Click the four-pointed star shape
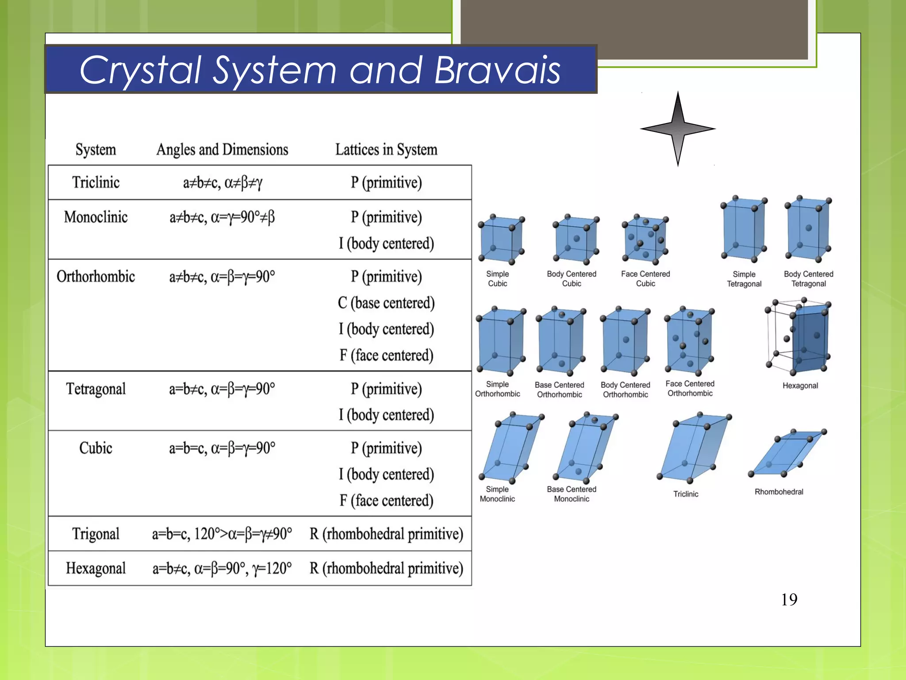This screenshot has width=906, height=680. pos(678,129)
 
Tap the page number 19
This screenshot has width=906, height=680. pos(789,600)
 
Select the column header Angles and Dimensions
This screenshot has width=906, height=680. pos(222,150)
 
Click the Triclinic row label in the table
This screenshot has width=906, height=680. pos(96,182)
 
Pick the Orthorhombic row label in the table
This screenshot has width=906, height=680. pos(96,277)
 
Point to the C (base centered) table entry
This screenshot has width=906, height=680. pos(386,303)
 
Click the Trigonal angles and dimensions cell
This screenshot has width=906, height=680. pos(222,534)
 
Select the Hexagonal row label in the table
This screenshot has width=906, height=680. pos(96,568)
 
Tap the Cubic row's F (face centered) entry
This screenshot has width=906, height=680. pos(386,501)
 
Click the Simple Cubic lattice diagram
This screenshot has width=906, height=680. pos(501,240)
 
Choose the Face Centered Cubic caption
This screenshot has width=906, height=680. pos(645,278)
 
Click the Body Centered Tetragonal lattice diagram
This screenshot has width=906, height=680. pos(808,229)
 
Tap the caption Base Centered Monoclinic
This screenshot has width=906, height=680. pos(572,494)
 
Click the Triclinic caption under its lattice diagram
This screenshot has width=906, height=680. pos(686,494)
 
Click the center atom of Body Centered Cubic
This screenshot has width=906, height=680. pos(576,239)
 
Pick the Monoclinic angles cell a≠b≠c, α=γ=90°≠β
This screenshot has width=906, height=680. pos(222,217)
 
